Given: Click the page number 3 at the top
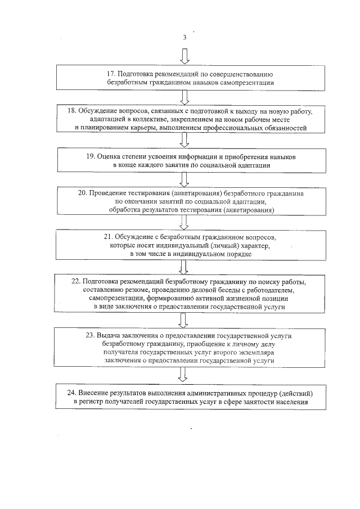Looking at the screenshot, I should [184, 37].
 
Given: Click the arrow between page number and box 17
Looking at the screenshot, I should [184, 56].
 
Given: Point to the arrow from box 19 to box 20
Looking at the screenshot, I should [184, 179].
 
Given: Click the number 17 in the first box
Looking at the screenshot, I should [111, 74].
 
